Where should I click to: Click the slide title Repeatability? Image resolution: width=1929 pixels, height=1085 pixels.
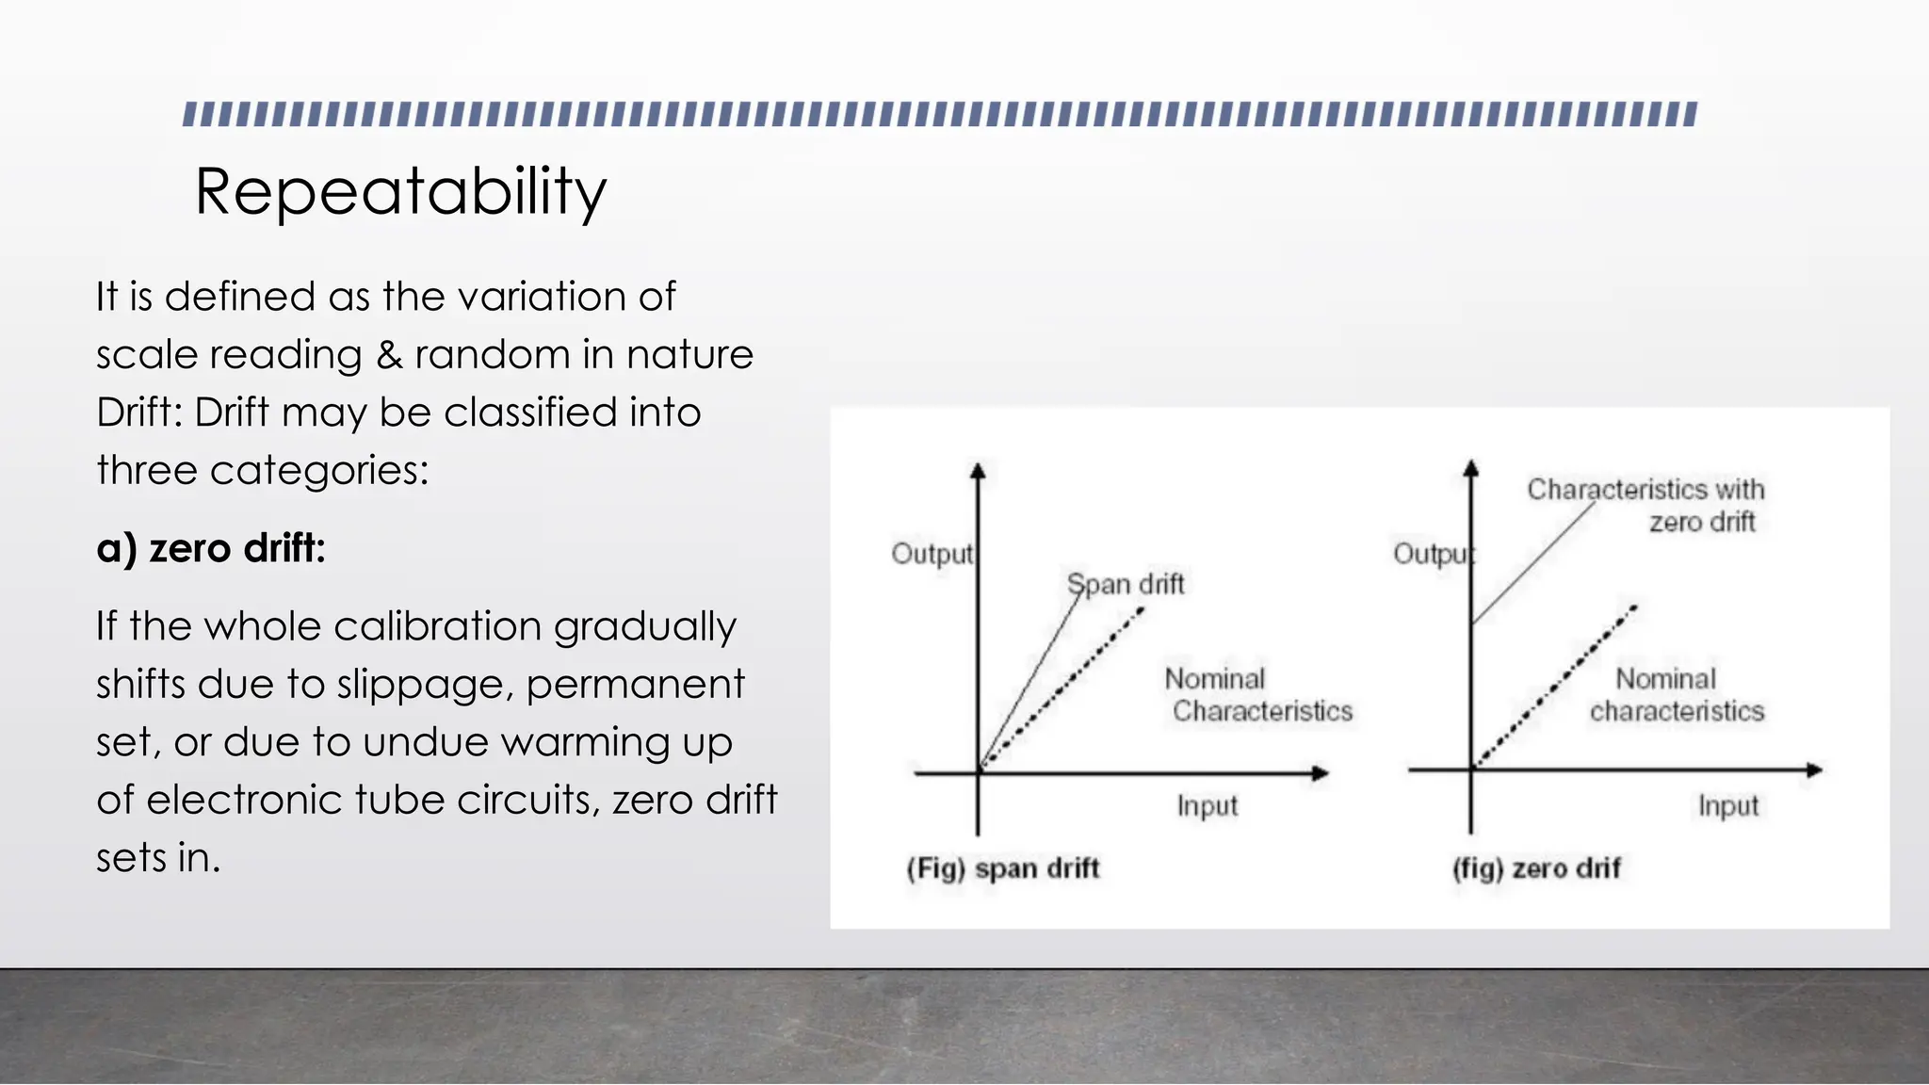[x=400, y=192]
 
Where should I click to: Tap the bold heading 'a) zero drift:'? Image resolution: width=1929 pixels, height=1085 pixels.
[x=211, y=548]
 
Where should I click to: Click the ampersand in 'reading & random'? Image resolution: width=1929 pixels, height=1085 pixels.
[x=388, y=355]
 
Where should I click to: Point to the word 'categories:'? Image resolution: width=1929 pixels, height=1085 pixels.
[x=319, y=471]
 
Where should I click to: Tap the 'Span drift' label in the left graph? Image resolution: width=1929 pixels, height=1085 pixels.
[x=1126, y=584]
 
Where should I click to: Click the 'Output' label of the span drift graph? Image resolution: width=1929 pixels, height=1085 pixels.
[x=932, y=554]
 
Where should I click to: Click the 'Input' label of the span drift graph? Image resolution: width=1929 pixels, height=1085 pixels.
[x=1207, y=806]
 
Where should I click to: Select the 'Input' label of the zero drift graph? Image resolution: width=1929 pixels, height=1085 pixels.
[x=1727, y=806]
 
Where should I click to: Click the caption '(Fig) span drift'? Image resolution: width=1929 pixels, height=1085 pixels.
[x=1002, y=868]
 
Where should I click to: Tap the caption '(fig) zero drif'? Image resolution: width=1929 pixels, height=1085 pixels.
[x=1535, y=868]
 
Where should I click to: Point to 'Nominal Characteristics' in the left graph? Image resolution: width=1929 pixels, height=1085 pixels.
[x=1257, y=695]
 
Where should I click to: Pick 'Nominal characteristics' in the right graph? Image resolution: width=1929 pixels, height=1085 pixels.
[x=1677, y=695]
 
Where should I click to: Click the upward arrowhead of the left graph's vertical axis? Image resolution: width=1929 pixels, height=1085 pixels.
[x=978, y=470]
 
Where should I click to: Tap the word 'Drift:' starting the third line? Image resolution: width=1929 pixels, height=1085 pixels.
[x=140, y=413]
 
